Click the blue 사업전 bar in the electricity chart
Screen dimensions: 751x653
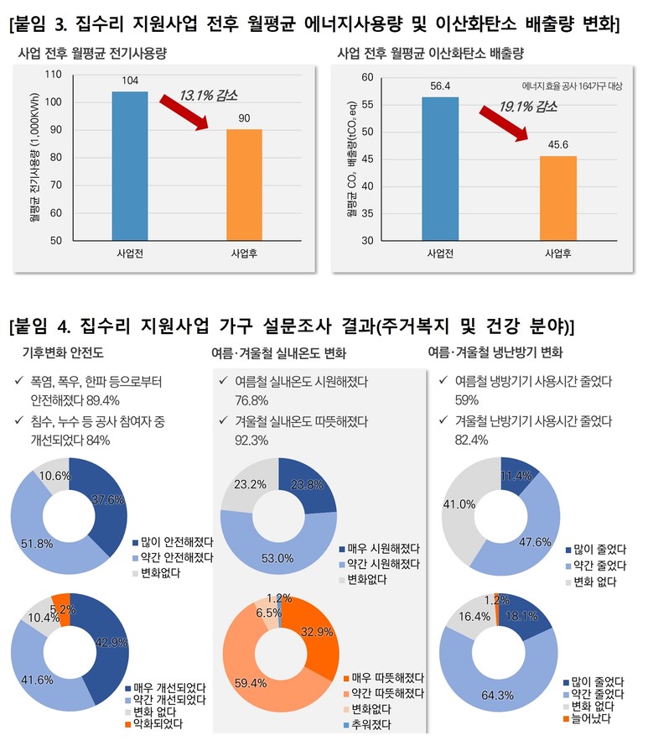pyautogui.click(x=130, y=164)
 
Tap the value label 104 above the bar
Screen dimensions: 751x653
pyautogui.click(x=130, y=81)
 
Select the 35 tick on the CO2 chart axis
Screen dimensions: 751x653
pyautogui.click(x=366, y=213)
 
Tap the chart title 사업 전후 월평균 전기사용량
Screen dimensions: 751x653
pyautogui.click(x=92, y=53)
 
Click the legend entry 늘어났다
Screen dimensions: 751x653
pyautogui.click(x=593, y=720)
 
